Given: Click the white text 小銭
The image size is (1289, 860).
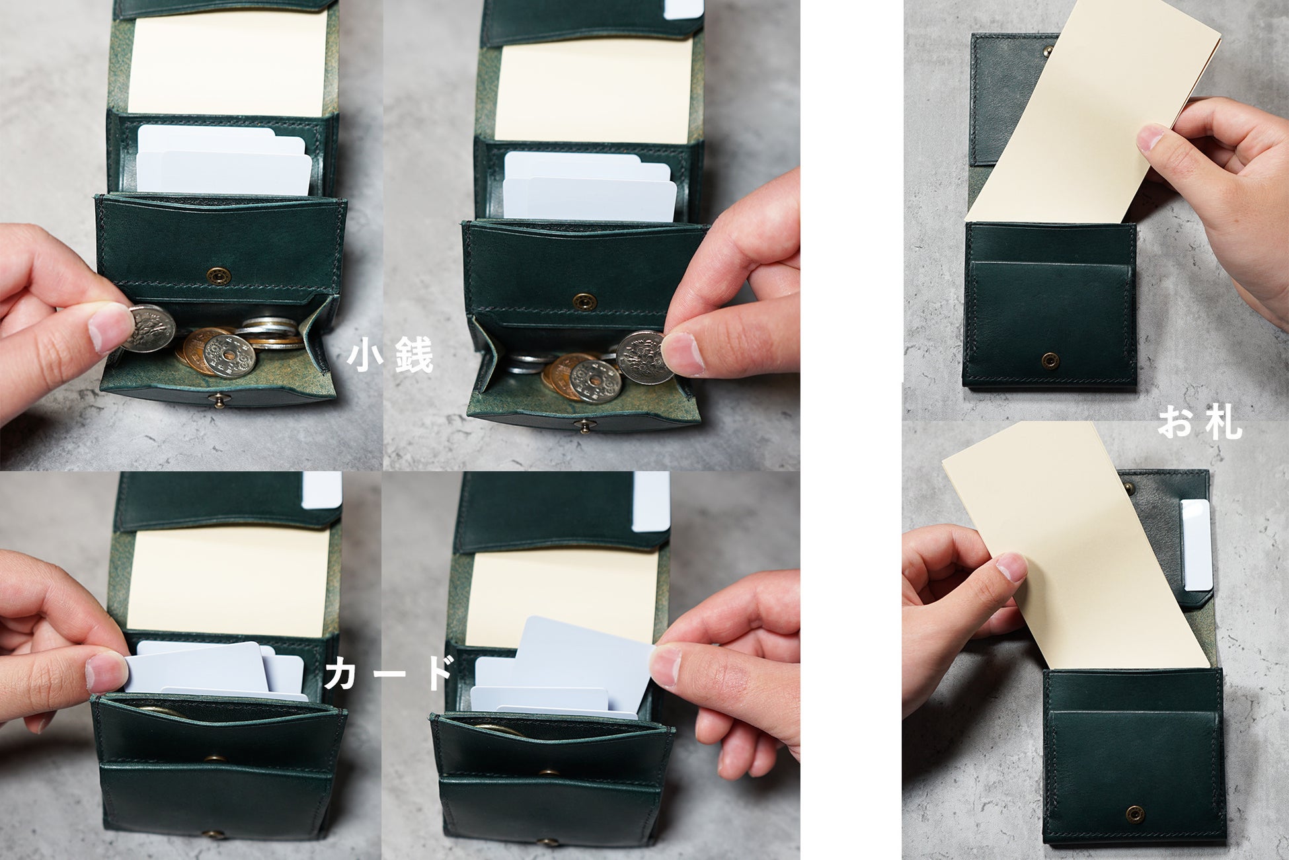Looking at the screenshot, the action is pos(390,354).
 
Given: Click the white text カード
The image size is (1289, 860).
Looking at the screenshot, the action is pos(389,672).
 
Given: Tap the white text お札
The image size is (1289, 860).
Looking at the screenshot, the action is pos(1199,422).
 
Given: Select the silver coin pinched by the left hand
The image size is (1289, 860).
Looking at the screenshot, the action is pos(149,329).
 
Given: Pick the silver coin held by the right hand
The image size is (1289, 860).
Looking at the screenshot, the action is pos(640,357).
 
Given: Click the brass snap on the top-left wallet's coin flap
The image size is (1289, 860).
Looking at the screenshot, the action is pos(215,276).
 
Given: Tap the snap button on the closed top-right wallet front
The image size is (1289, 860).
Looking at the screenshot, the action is pos(1050,360).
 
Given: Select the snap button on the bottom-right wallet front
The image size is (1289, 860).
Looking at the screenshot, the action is pos(1135,813).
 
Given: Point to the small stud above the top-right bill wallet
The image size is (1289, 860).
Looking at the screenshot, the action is pos(1046,50).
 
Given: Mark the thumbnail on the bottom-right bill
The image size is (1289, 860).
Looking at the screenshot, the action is pos(1011,567).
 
